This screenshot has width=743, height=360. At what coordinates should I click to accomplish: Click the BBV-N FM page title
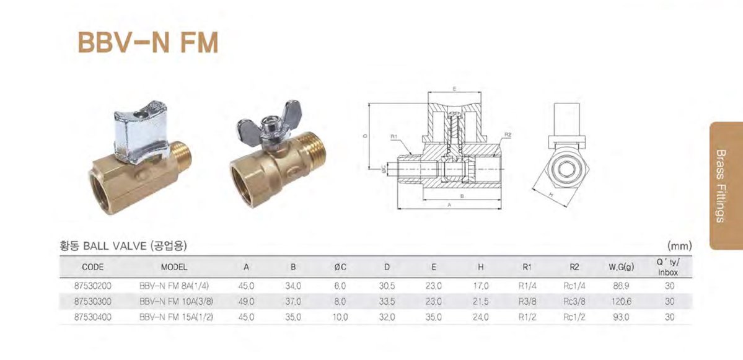click(148, 43)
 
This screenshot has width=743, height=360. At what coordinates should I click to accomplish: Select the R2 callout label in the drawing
click(508, 135)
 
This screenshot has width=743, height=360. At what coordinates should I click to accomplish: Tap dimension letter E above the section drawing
click(454, 89)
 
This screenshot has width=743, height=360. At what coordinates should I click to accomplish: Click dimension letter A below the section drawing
click(449, 204)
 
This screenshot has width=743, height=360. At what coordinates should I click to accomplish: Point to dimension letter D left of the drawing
click(366, 136)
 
